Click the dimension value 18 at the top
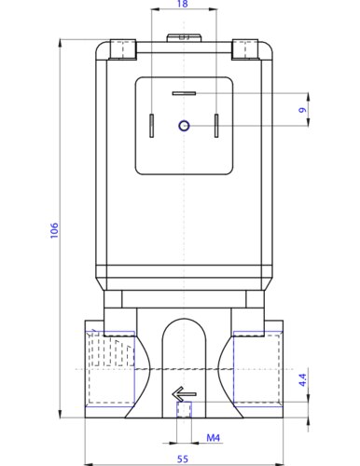pos(182,6)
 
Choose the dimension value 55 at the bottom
pos(183,459)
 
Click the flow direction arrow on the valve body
pos(184,395)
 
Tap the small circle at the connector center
pos(184,126)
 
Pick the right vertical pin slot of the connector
pos(216,126)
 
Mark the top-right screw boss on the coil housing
pos(245,48)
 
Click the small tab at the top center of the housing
pos(183,38)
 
